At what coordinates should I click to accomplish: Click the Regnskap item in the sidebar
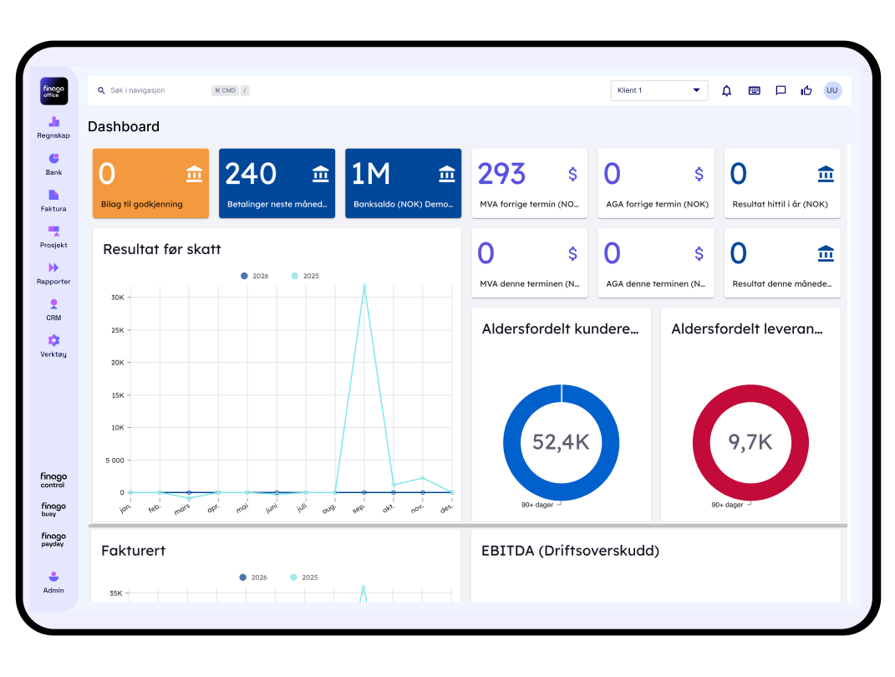coord(53,127)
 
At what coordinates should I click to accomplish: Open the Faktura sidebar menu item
coord(53,201)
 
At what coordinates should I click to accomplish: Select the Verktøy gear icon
coord(53,340)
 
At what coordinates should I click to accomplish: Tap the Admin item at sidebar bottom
coord(53,582)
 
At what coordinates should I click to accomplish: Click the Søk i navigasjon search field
coord(150,90)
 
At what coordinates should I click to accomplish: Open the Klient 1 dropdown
coord(659,90)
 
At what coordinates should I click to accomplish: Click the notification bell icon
coord(726,90)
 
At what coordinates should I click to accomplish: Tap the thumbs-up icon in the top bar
coord(806,90)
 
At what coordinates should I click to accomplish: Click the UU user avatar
coord(832,90)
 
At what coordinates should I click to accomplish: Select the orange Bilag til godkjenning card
coord(150,184)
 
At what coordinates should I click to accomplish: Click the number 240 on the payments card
coord(251,174)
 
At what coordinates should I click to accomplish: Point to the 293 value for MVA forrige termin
coord(501,174)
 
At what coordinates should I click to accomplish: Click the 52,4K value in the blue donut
coord(561,442)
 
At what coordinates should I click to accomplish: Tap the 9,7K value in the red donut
coord(750,442)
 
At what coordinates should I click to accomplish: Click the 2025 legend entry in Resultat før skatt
coord(305,276)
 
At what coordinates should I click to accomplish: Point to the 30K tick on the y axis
coord(117,298)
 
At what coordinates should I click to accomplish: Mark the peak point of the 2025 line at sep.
coord(364,286)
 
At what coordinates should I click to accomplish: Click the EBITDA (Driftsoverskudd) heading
coord(570,551)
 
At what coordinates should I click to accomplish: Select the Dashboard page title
coord(124,127)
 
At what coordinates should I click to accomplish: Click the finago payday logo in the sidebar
coord(53,540)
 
